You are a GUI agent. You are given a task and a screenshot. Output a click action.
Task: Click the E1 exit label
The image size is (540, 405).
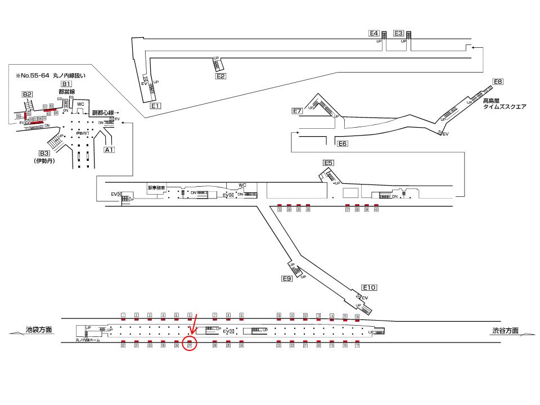tap(156, 105)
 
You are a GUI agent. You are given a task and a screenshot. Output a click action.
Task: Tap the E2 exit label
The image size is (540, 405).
tap(220, 76)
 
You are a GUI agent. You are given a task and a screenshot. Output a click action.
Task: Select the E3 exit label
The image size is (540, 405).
tap(399, 33)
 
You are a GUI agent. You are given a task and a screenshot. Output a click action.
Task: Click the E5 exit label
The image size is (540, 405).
tap(328, 163)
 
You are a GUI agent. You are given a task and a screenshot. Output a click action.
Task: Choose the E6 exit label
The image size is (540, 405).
tap(343, 144)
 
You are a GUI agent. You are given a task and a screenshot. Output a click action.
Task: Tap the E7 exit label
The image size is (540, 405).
tap(298, 111)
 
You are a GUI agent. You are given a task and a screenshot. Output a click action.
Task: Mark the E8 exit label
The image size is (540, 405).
tap(497, 82)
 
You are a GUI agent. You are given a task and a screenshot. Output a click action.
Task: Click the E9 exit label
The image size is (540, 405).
tap(287, 278)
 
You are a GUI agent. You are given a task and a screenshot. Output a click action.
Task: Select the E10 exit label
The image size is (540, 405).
tap(369, 287)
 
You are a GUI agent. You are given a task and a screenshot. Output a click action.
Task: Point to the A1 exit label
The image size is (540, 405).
tap(109, 150)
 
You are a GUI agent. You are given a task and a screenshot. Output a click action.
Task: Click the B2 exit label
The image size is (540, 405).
tap(28, 94)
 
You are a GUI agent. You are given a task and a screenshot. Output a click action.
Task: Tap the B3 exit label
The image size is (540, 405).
tap(44, 153)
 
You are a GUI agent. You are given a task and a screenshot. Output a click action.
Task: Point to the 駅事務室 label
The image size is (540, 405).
tap(156, 188)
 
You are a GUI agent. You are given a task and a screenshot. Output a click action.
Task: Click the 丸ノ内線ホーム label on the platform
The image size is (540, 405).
tap(87, 340)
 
